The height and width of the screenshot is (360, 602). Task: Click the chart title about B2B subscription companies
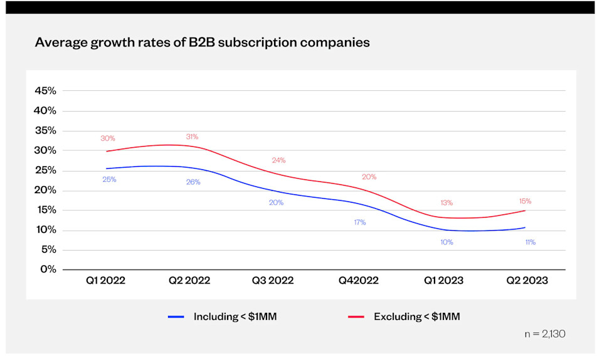click(202, 43)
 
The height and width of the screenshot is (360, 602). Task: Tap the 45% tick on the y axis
click(45, 91)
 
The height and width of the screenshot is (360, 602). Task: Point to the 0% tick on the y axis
click(48, 270)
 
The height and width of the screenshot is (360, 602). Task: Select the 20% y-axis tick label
click(45, 190)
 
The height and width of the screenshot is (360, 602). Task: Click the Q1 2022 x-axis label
click(105, 280)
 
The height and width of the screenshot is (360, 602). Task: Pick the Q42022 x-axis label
click(358, 280)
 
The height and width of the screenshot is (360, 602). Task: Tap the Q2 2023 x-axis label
click(527, 280)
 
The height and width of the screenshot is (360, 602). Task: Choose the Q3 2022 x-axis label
click(273, 280)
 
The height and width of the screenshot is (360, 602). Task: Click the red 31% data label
click(192, 137)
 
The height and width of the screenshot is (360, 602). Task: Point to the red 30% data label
click(107, 139)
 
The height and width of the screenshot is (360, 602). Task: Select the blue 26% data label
click(193, 182)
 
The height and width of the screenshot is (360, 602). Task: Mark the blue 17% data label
click(359, 222)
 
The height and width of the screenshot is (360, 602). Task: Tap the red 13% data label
click(446, 203)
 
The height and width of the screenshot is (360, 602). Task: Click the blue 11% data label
click(530, 241)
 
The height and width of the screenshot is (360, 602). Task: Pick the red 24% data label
click(278, 161)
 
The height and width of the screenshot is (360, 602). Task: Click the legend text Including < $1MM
click(235, 317)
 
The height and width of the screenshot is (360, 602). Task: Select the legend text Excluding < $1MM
click(416, 317)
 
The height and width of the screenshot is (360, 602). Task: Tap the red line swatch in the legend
click(357, 317)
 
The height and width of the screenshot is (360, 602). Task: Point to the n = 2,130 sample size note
click(544, 334)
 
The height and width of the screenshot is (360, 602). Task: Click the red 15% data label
click(525, 201)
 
